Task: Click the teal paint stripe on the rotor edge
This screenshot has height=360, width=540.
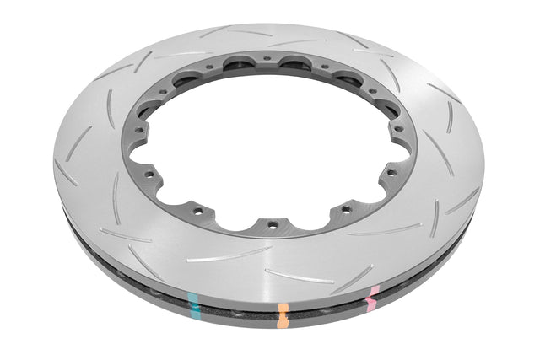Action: coord(196,303)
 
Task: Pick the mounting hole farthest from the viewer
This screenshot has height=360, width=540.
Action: coord(267,58)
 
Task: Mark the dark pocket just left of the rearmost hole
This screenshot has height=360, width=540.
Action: coord(240,64)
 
